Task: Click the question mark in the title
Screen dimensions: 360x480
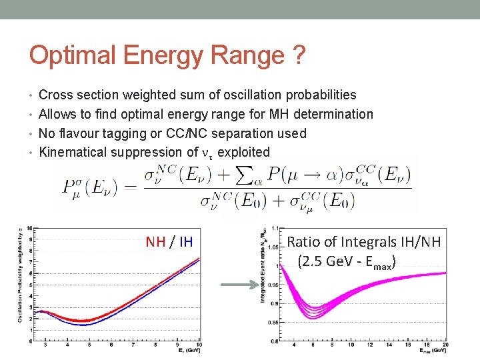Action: pyautogui.click(x=299, y=55)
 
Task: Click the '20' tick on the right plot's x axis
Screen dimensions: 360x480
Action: pyautogui.click(x=444, y=345)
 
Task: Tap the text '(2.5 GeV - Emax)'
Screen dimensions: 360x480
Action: pyautogui.click(x=347, y=261)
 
